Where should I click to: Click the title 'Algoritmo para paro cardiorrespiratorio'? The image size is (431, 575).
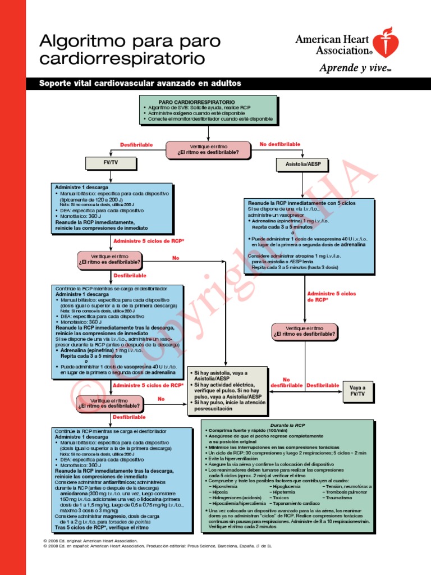click(129, 49)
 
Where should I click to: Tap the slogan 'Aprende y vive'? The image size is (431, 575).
click(343, 69)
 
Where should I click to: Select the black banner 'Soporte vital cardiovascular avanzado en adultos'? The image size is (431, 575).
click(140, 83)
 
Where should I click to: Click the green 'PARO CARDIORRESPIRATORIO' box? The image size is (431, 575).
click(208, 109)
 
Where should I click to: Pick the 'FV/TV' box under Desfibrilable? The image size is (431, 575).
click(110, 163)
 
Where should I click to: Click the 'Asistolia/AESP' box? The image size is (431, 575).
click(303, 164)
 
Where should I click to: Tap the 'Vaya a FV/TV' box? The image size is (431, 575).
click(357, 391)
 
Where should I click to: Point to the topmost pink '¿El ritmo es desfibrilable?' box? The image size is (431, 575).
click(208, 149)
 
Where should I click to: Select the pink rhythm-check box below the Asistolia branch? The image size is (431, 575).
click(305, 331)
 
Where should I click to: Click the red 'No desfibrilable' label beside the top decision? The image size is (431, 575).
click(279, 144)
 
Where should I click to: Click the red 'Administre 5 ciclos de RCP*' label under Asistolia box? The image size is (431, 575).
click(331, 297)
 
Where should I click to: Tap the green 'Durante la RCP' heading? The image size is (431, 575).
click(287, 425)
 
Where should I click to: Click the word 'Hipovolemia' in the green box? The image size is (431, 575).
click(227, 486)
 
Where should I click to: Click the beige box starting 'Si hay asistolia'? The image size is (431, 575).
click(227, 391)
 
